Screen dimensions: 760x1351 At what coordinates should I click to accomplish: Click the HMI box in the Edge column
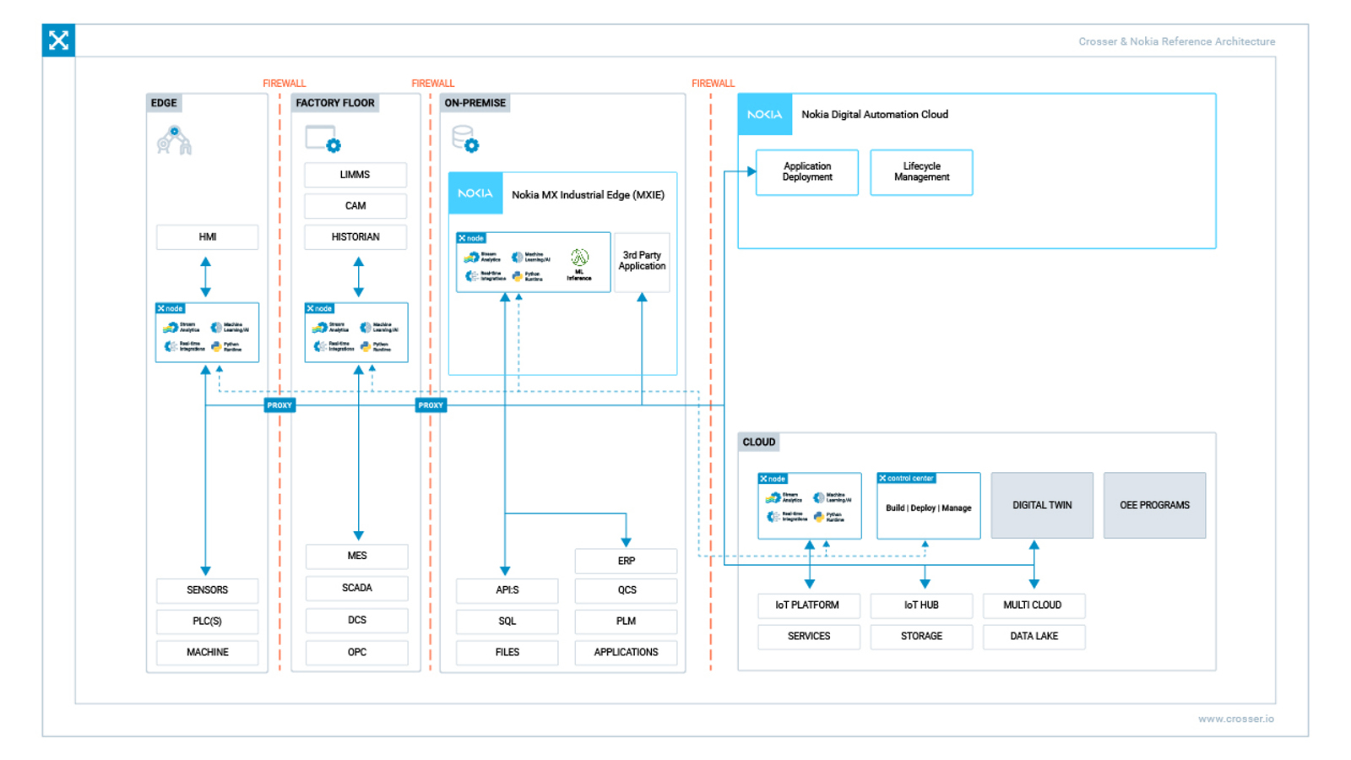click(x=207, y=237)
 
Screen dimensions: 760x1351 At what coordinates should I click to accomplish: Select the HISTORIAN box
click(x=355, y=237)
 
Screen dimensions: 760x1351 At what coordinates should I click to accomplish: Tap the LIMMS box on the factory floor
click(x=355, y=175)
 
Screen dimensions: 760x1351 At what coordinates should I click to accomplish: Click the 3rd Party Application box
click(x=642, y=261)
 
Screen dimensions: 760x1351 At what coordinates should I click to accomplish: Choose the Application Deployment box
click(x=806, y=172)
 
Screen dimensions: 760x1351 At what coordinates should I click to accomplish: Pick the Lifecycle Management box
click(x=921, y=172)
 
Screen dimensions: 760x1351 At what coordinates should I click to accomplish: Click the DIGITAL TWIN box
click(x=1041, y=505)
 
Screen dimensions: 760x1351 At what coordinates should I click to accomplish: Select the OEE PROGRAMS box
click(x=1154, y=505)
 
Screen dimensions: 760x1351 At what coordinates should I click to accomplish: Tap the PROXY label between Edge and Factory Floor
click(x=279, y=405)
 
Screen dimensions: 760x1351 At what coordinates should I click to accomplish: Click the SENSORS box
click(x=207, y=590)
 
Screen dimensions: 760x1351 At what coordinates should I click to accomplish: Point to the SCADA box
click(x=356, y=588)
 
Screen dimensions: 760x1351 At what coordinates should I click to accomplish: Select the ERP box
click(x=626, y=561)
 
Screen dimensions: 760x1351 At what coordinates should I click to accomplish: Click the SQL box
click(x=507, y=622)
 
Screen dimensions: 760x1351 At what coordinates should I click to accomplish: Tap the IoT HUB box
click(x=921, y=605)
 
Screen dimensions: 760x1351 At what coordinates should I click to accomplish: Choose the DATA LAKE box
click(x=1034, y=637)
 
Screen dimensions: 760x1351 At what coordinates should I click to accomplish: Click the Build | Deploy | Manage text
click(x=928, y=508)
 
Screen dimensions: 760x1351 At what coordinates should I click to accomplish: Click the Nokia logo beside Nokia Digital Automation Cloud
click(x=764, y=115)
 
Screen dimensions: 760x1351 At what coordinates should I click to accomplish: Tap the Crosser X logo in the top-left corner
click(x=58, y=41)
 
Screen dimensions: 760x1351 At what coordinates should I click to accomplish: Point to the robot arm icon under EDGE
click(x=174, y=141)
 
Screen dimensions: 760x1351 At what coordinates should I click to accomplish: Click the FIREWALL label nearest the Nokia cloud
click(x=713, y=84)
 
